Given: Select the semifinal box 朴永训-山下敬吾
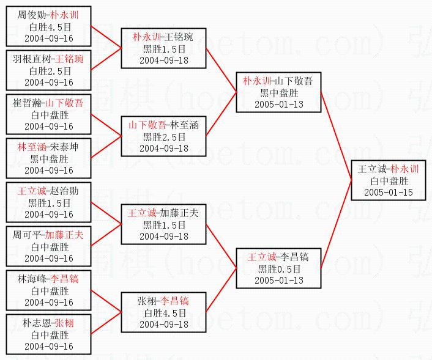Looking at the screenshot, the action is tap(279, 92).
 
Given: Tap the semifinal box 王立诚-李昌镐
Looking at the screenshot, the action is tap(279, 268).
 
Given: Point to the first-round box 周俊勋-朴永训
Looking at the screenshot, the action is tap(49, 26).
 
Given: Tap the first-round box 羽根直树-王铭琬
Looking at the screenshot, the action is tap(49, 70).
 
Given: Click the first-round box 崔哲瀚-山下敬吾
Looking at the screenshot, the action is tap(49, 114).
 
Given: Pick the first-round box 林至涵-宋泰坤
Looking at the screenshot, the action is tap(49, 158).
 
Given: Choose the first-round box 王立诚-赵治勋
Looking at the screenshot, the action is tap(49, 202).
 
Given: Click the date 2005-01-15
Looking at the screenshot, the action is tap(388, 193).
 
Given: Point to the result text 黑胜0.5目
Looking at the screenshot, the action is tap(279, 268).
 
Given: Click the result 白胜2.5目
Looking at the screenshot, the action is tap(49, 71).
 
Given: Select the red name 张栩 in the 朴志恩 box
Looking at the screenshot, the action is tap(64, 323).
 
